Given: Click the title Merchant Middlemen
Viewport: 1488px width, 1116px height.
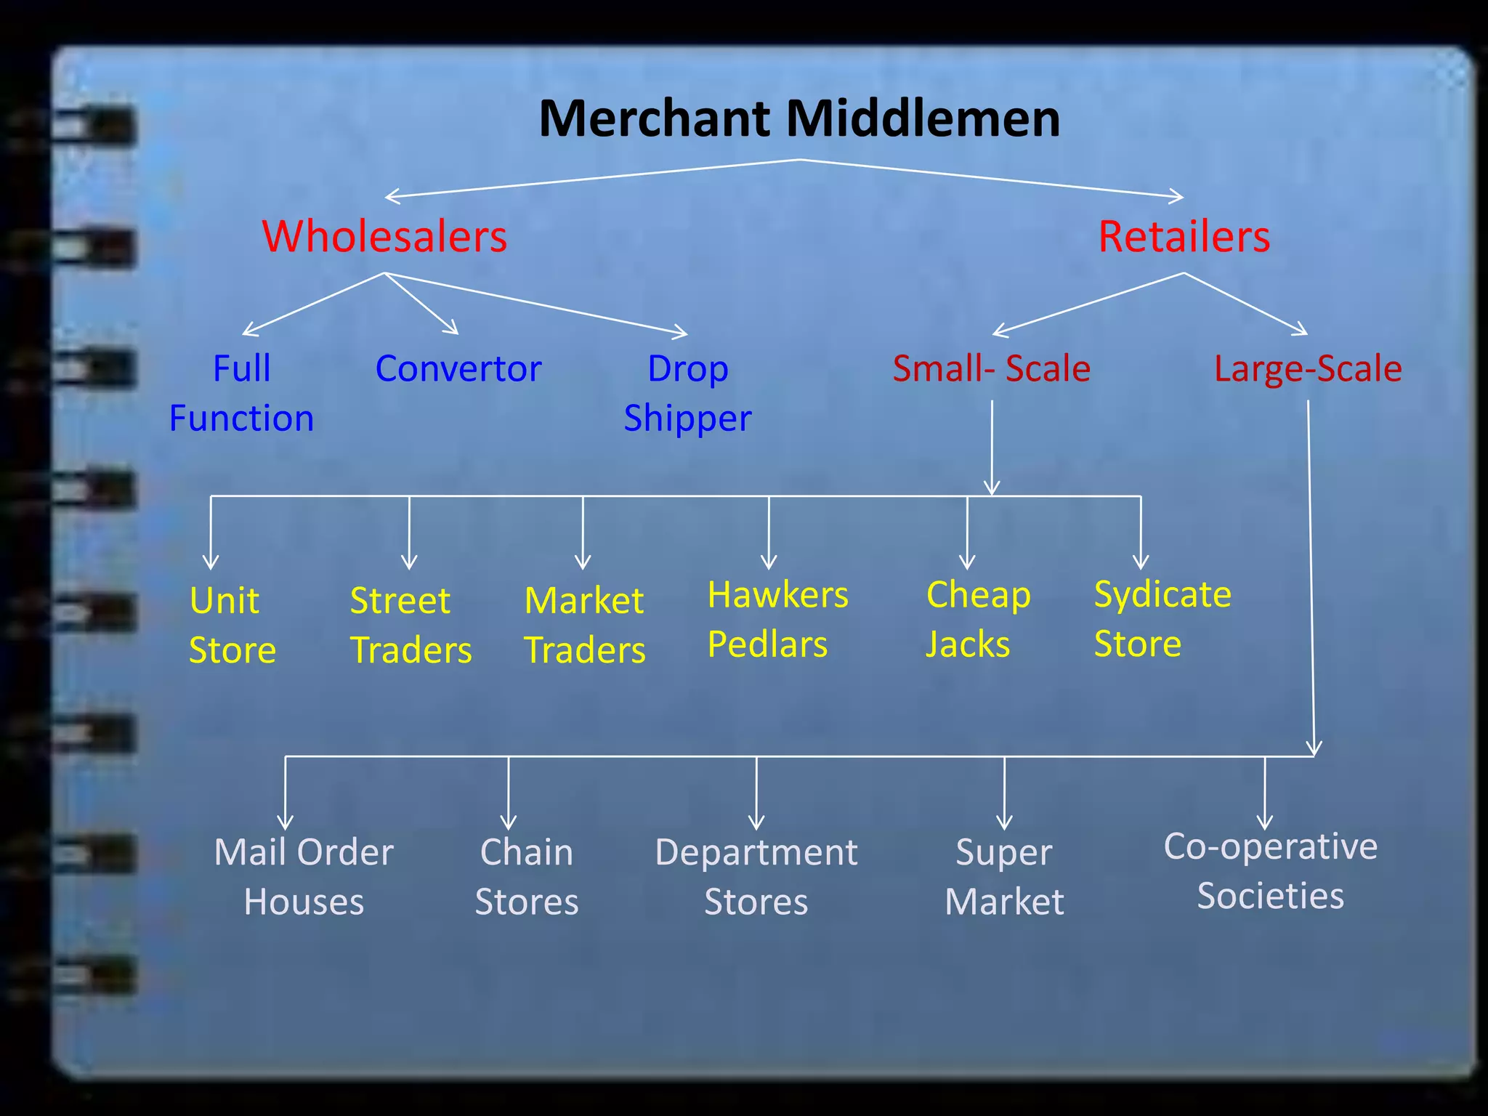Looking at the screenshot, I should coord(799,118).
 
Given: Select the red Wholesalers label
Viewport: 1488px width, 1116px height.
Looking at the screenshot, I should coord(384,236).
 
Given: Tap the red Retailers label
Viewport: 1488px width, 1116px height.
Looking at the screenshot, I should coord(1184,236).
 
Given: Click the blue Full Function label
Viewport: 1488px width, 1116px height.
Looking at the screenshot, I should coord(241,393).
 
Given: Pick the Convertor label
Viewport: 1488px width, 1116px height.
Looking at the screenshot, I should coord(458,368).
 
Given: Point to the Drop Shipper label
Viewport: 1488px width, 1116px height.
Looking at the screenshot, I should coord(687,393).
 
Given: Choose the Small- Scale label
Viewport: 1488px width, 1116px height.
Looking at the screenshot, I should coord(991,368).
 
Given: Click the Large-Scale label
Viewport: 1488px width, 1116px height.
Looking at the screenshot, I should coord(1308,368).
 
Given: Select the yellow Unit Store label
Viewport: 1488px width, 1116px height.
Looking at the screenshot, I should coord(232,625).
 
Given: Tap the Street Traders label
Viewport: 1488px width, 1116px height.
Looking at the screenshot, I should coord(411,625).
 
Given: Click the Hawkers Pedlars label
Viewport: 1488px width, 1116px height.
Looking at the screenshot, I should coord(777,619).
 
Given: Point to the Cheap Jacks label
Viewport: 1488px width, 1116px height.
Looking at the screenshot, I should coord(978,619).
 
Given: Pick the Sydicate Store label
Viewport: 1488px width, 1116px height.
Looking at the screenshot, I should coord(1162,618).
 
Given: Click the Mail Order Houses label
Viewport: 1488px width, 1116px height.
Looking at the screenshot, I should coord(304,876).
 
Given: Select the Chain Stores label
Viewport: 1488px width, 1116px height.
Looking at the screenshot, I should coord(527,876).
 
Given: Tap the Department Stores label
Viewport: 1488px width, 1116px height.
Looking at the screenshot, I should coord(756,876).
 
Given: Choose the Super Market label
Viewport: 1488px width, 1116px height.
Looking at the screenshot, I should coord(1004,876).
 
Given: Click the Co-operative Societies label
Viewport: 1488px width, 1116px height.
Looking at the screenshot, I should coord(1270,870).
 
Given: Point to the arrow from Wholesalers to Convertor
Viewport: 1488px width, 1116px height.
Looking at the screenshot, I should coord(421,304).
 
